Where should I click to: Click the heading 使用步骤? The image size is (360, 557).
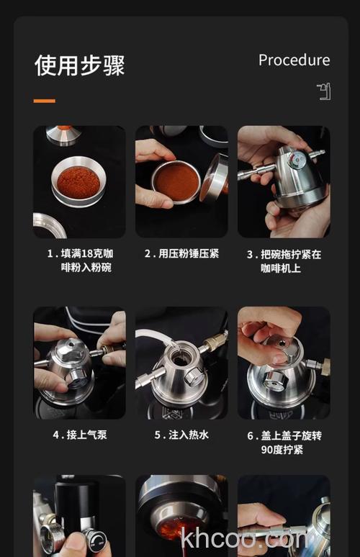(79, 65)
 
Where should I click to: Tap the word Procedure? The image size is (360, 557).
(294, 60)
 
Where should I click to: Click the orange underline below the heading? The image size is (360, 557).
(44, 101)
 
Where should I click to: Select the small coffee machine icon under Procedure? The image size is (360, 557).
(324, 91)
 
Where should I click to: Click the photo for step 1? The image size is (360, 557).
(79, 181)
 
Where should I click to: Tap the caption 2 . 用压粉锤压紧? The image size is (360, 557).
(181, 254)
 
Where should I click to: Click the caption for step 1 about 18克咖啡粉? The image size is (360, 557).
(79, 261)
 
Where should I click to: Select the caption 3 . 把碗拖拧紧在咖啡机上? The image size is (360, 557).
(284, 261)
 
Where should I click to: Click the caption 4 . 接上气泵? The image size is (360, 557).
(79, 435)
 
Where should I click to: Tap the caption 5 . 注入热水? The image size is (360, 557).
(181, 435)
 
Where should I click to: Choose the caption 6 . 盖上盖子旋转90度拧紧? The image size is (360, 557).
(284, 442)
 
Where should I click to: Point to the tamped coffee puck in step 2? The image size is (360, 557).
(176, 180)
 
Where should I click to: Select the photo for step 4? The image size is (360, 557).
(79, 363)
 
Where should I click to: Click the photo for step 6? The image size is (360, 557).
(284, 363)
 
